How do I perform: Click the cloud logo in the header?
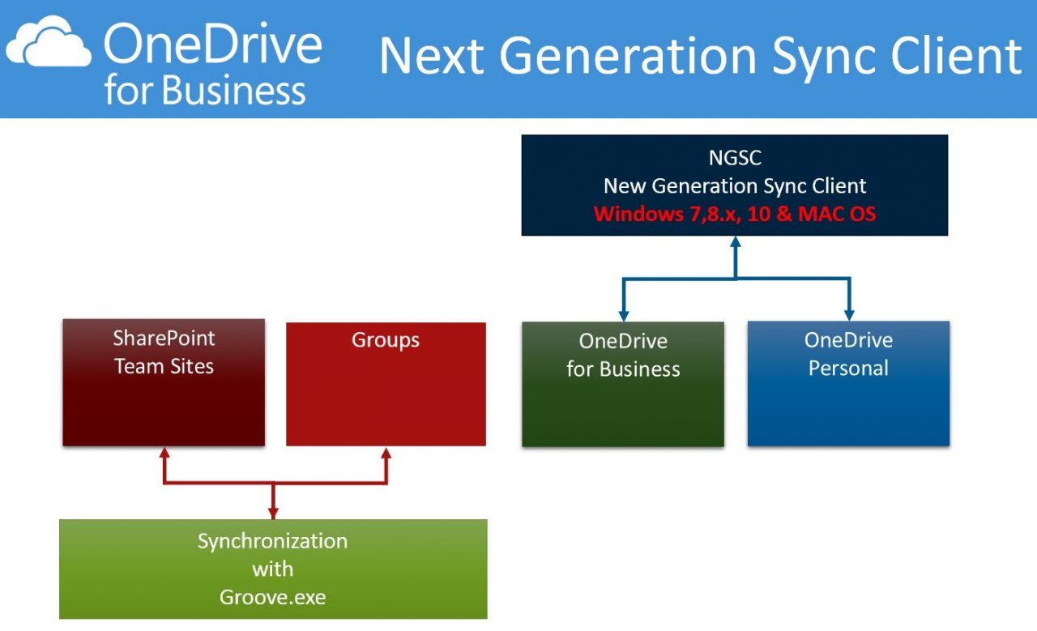coord(49,44)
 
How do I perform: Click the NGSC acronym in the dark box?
coord(735,156)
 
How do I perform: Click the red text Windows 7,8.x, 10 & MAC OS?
coord(735,215)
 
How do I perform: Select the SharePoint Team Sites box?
coord(164,382)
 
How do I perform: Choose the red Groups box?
coord(386,384)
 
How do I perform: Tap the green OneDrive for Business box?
coord(623,384)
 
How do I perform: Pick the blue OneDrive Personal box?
coord(848,383)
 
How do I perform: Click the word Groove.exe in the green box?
coord(273,597)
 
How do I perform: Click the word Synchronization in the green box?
coord(273,541)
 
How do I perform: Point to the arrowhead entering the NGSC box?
coord(735,242)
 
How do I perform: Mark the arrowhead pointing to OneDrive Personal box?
coord(848,314)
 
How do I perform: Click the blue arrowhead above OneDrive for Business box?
coord(623,314)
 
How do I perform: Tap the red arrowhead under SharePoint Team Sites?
coord(164,453)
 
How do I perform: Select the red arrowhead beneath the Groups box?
coord(386,453)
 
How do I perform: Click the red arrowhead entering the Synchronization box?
coord(273,513)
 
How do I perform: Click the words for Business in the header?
coord(205,91)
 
